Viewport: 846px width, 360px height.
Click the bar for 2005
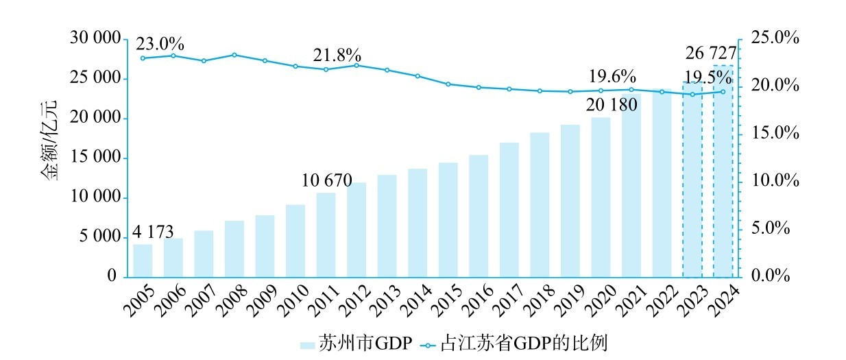coord(143,261)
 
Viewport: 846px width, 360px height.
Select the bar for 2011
coord(326,235)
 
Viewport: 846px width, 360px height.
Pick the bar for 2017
coord(509,209)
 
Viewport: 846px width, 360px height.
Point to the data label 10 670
coord(326,181)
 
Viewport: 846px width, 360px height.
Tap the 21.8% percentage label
coord(337,56)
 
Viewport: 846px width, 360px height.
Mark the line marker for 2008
coord(234,55)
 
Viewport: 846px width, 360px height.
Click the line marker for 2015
coord(448,84)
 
